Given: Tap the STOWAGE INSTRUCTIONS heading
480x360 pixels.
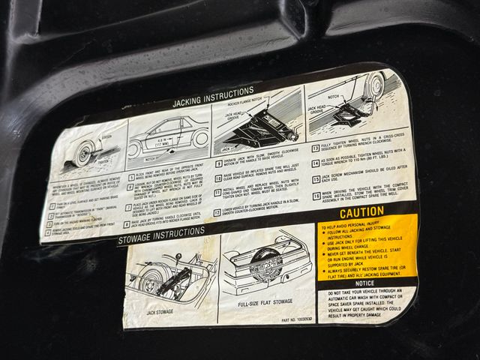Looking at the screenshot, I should pos(162,239).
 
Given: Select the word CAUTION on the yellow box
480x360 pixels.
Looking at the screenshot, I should pos(361,212).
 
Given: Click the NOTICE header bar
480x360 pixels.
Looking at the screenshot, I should pos(364,283).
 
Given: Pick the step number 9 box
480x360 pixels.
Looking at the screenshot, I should pos(218,161).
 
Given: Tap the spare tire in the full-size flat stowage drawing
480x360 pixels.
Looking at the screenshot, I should pos(265,265).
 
